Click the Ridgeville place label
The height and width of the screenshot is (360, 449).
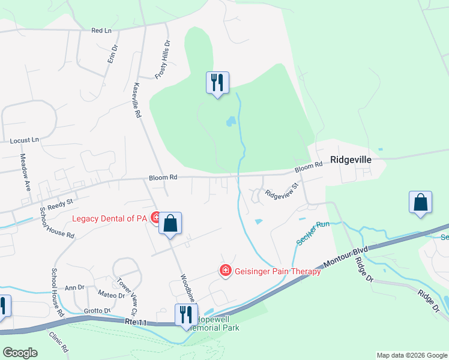point(351,160)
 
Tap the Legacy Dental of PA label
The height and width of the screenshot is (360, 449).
point(111,218)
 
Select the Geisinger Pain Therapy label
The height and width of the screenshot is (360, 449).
point(277,271)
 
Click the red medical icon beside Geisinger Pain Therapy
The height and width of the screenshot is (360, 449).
point(226,271)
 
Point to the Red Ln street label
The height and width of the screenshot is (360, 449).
point(101,29)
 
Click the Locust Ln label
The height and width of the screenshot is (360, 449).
point(24,140)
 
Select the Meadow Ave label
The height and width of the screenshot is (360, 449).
point(25,172)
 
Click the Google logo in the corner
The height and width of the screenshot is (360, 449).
point(20,352)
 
